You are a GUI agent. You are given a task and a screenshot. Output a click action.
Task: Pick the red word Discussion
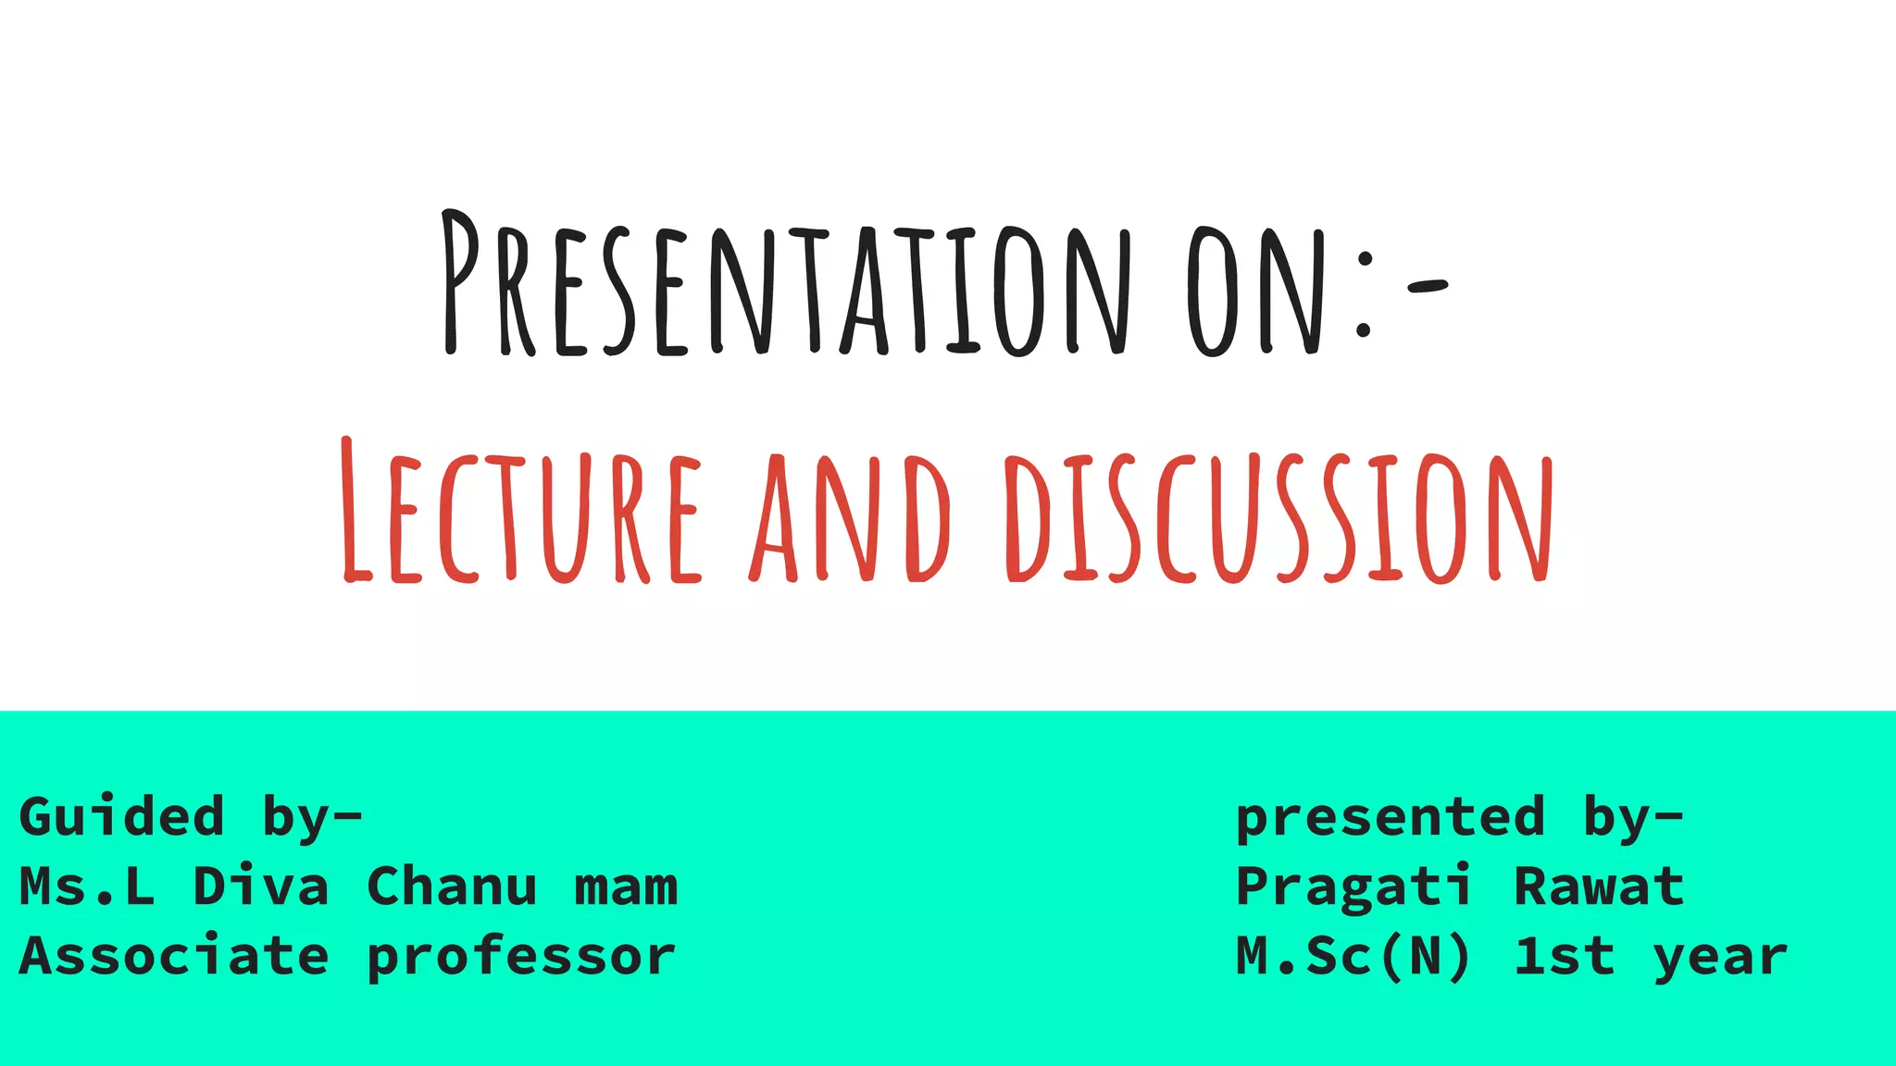1279,518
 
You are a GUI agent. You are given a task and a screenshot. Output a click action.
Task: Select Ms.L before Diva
87,886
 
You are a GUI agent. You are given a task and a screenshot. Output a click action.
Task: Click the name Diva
261,886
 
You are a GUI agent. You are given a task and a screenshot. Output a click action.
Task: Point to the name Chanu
452,886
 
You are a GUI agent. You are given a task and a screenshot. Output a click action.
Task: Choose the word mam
626,887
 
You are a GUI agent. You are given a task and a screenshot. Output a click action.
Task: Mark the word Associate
174,955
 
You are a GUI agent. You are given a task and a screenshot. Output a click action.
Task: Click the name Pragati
1353,887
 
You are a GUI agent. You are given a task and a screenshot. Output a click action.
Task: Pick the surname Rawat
1599,886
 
